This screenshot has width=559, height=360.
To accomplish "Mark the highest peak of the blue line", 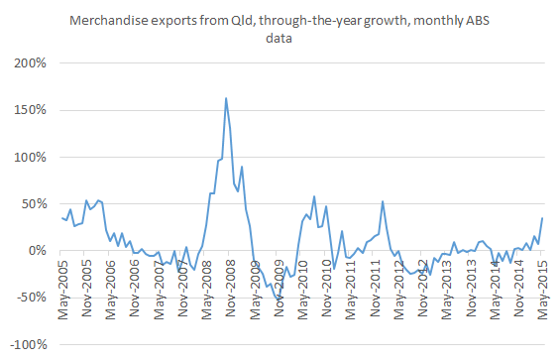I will (x=226, y=98).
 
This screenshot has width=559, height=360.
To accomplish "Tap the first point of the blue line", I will (x=62, y=218).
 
